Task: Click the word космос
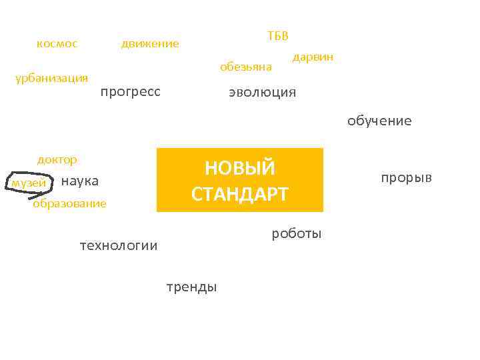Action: [x=57, y=44]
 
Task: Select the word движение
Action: [x=150, y=44]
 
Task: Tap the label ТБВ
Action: [x=278, y=35]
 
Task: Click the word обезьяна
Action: [x=246, y=67]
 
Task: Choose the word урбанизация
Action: [x=51, y=78]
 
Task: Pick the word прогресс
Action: [x=130, y=91]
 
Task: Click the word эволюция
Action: [x=262, y=92]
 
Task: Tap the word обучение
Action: [x=379, y=121]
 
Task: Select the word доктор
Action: [x=57, y=160]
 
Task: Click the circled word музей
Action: [x=29, y=183]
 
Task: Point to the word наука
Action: [x=79, y=181]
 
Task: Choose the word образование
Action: [x=69, y=203]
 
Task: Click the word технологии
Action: [x=119, y=245]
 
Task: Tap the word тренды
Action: [x=191, y=287]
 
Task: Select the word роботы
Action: [x=297, y=233]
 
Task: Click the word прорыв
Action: [x=406, y=177]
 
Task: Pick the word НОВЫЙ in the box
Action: [x=239, y=168]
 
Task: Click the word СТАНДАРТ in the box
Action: [x=239, y=194]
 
